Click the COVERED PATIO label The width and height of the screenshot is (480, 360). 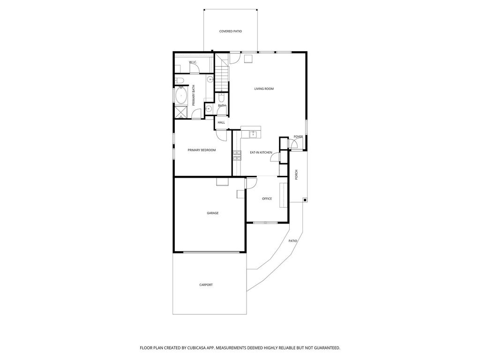231,31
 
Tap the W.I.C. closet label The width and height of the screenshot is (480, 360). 193,62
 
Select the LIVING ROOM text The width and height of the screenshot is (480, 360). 264,89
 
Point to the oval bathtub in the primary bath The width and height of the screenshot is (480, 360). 181,96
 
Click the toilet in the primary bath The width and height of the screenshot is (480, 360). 180,81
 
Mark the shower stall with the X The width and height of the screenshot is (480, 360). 181,112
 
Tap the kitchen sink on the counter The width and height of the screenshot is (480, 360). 254,134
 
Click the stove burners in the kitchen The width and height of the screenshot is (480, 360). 237,155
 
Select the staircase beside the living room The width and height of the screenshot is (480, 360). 222,73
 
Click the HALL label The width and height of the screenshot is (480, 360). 221,122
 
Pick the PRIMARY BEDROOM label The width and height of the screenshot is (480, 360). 202,150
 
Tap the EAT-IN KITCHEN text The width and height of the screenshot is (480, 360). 261,152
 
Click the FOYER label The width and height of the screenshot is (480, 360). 299,137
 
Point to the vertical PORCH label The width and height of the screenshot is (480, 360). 296,174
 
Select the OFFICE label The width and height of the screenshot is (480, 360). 267,199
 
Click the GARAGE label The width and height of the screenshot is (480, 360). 213,213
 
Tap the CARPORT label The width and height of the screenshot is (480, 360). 206,285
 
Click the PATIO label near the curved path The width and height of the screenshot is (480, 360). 293,241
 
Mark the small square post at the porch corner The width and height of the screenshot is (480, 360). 305,200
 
